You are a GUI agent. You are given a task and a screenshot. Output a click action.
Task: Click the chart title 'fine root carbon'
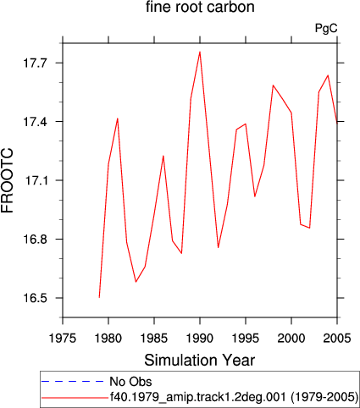[200, 7]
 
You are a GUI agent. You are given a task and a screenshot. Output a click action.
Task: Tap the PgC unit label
[326, 29]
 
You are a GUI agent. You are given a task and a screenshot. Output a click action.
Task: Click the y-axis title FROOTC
[7, 181]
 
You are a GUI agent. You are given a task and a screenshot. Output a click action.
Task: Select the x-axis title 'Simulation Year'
[200, 361]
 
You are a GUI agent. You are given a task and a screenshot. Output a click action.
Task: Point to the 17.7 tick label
[34, 63]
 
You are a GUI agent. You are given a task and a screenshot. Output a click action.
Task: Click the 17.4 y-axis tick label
[34, 122]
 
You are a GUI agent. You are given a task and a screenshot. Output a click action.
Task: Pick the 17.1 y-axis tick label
[34, 180]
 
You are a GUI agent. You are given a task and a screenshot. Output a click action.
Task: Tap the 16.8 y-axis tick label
[34, 239]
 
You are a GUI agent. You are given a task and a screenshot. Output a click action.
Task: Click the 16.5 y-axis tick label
[34, 298]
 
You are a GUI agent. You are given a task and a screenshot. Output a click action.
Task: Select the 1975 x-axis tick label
[63, 338]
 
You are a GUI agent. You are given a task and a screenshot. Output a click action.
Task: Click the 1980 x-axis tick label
[108, 338]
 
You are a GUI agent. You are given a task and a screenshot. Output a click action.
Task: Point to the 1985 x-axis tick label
[154, 338]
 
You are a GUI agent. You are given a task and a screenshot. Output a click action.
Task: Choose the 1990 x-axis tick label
[200, 338]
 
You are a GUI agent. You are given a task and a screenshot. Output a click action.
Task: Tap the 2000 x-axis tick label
[291, 338]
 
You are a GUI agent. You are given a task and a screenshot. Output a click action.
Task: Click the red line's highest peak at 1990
[200, 52]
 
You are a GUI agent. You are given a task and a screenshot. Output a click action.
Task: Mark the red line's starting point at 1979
[99, 297]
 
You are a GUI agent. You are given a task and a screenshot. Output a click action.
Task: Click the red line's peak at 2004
[328, 75]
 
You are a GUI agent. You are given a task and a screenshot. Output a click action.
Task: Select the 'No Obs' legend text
[130, 382]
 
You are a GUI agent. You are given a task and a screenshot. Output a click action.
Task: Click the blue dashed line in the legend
[73, 382]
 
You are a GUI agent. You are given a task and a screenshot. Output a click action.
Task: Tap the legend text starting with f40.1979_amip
[234, 397]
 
